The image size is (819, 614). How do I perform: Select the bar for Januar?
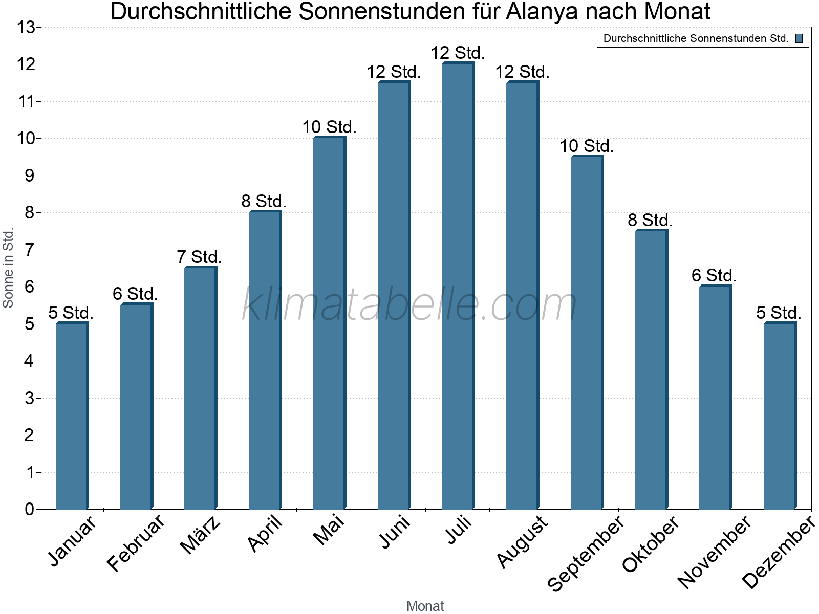[72, 415]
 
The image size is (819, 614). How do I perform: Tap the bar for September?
[587, 333]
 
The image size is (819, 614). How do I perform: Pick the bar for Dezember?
[780, 415]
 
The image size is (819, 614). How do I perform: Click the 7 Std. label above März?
[199, 257]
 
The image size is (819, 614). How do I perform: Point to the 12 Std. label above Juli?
[458, 53]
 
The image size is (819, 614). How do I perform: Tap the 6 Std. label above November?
[714, 276]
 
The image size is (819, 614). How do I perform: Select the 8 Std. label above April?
[264, 201]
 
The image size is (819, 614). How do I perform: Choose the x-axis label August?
[522, 541]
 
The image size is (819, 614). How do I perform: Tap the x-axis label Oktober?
[650, 543]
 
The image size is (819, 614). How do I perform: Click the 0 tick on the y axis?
[29, 509]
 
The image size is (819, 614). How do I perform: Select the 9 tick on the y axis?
[29, 176]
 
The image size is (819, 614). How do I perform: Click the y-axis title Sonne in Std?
[8, 268]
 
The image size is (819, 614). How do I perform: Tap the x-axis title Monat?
[425, 606]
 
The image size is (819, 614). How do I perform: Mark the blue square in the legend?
[799, 38]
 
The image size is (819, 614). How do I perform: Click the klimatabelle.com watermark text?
[409, 304]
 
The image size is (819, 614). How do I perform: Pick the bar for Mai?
[329, 322]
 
